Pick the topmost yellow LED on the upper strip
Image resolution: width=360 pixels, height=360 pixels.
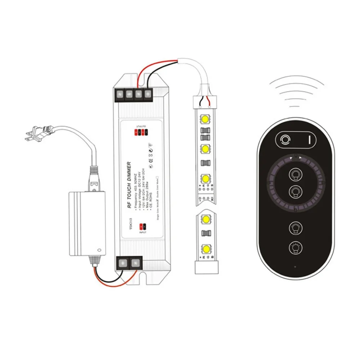click(x=206, y=119)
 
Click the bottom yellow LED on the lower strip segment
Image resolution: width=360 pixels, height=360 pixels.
click(x=206, y=248)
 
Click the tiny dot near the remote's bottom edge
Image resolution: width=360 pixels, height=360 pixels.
click(x=295, y=267)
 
